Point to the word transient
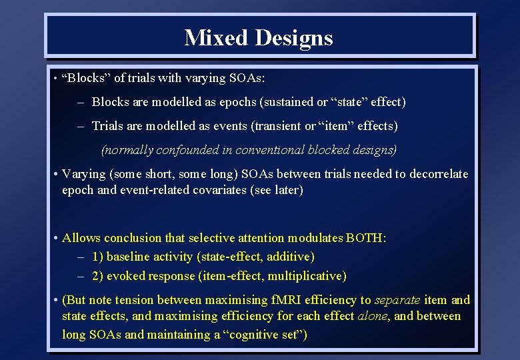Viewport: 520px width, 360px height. [274, 126]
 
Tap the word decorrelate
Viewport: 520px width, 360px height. [436, 174]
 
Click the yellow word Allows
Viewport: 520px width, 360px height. [82, 238]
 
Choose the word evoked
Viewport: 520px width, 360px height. [125, 275]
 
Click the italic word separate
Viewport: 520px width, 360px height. [397, 300]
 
